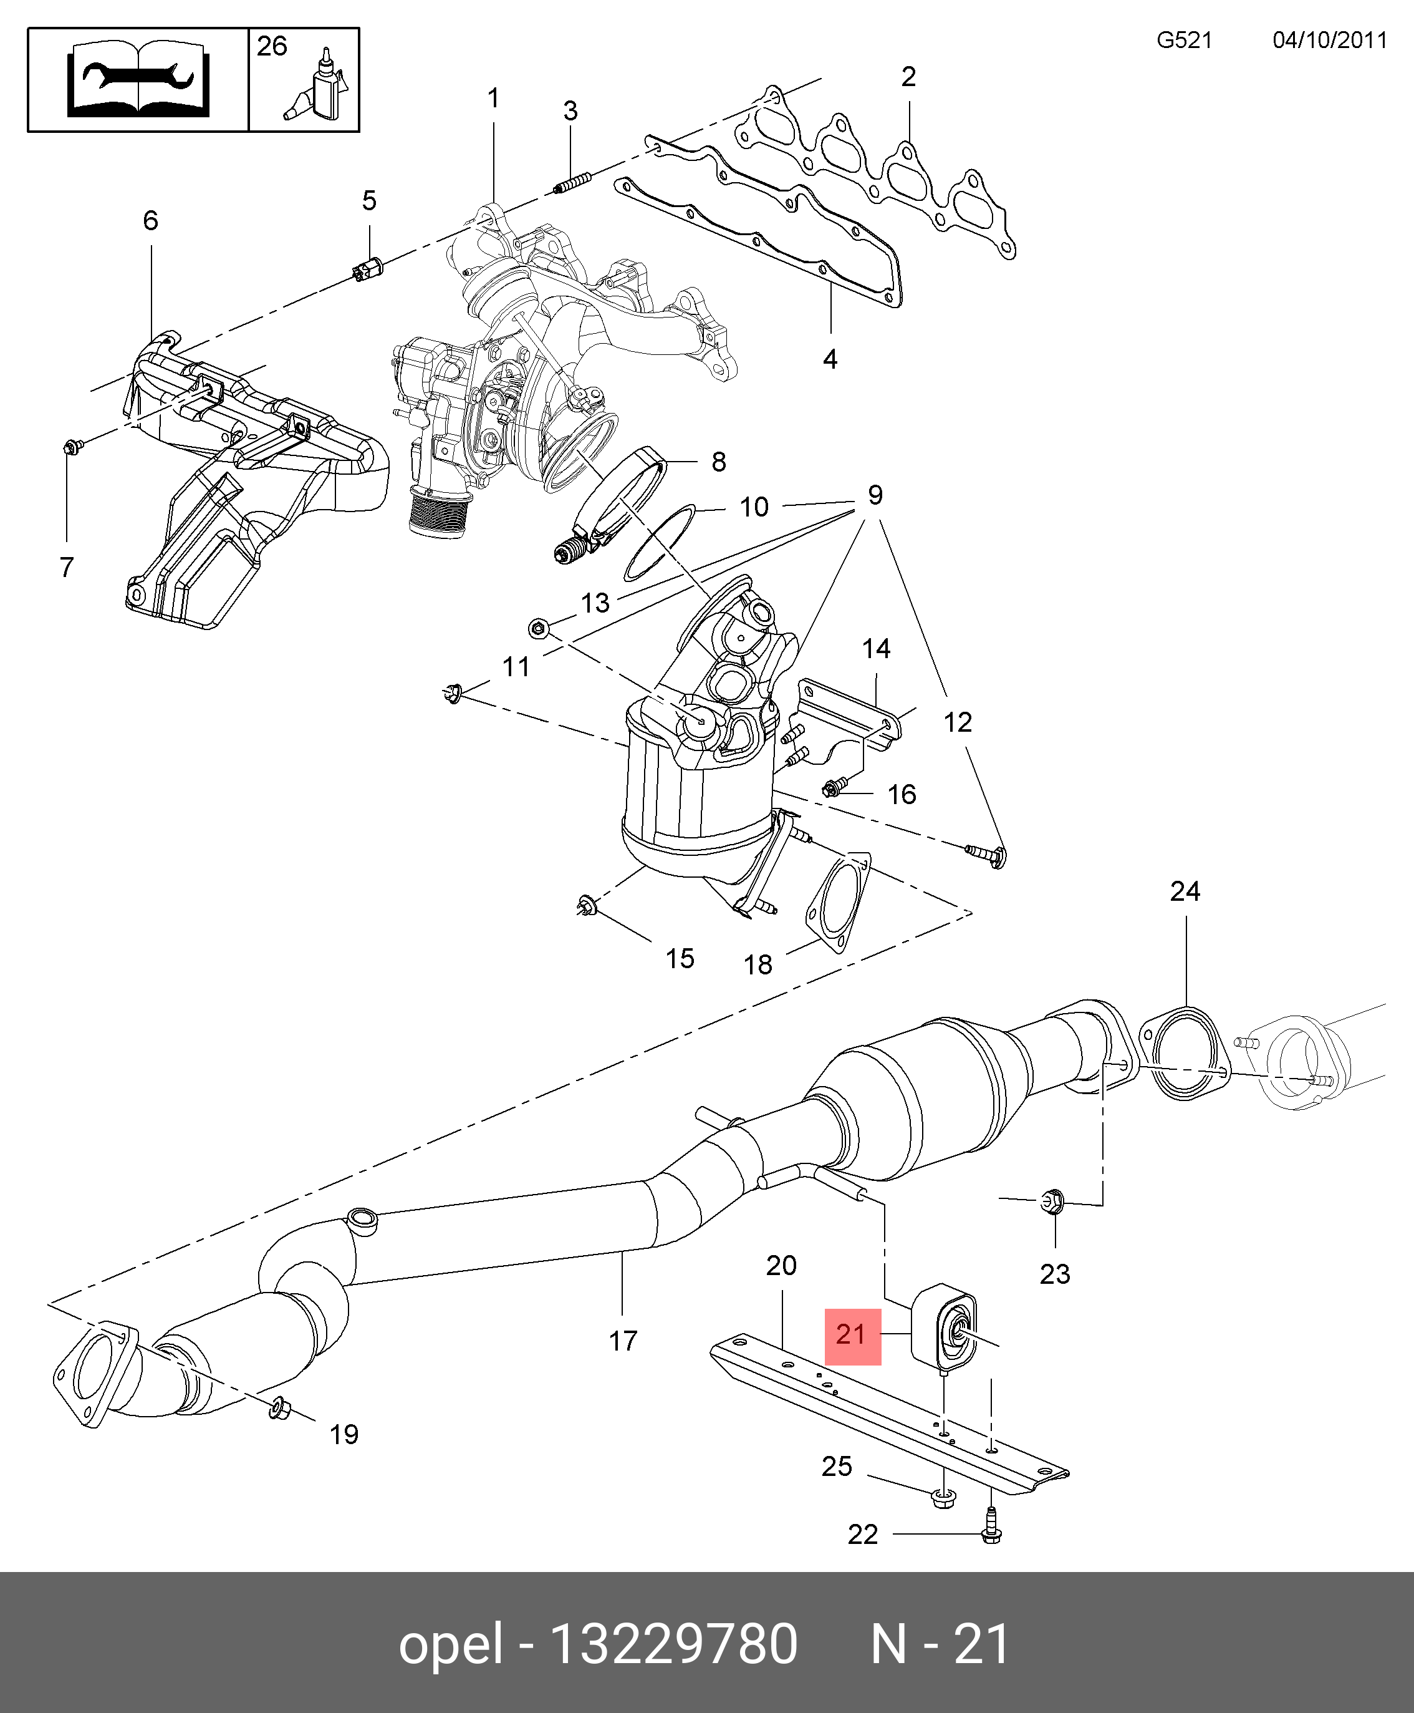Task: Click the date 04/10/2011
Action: [x=1329, y=41]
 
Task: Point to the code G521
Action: [x=1185, y=41]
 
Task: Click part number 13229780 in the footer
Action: [x=673, y=1643]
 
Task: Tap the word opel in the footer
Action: [x=450, y=1643]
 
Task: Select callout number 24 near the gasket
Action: [x=1185, y=891]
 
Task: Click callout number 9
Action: [x=875, y=495]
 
